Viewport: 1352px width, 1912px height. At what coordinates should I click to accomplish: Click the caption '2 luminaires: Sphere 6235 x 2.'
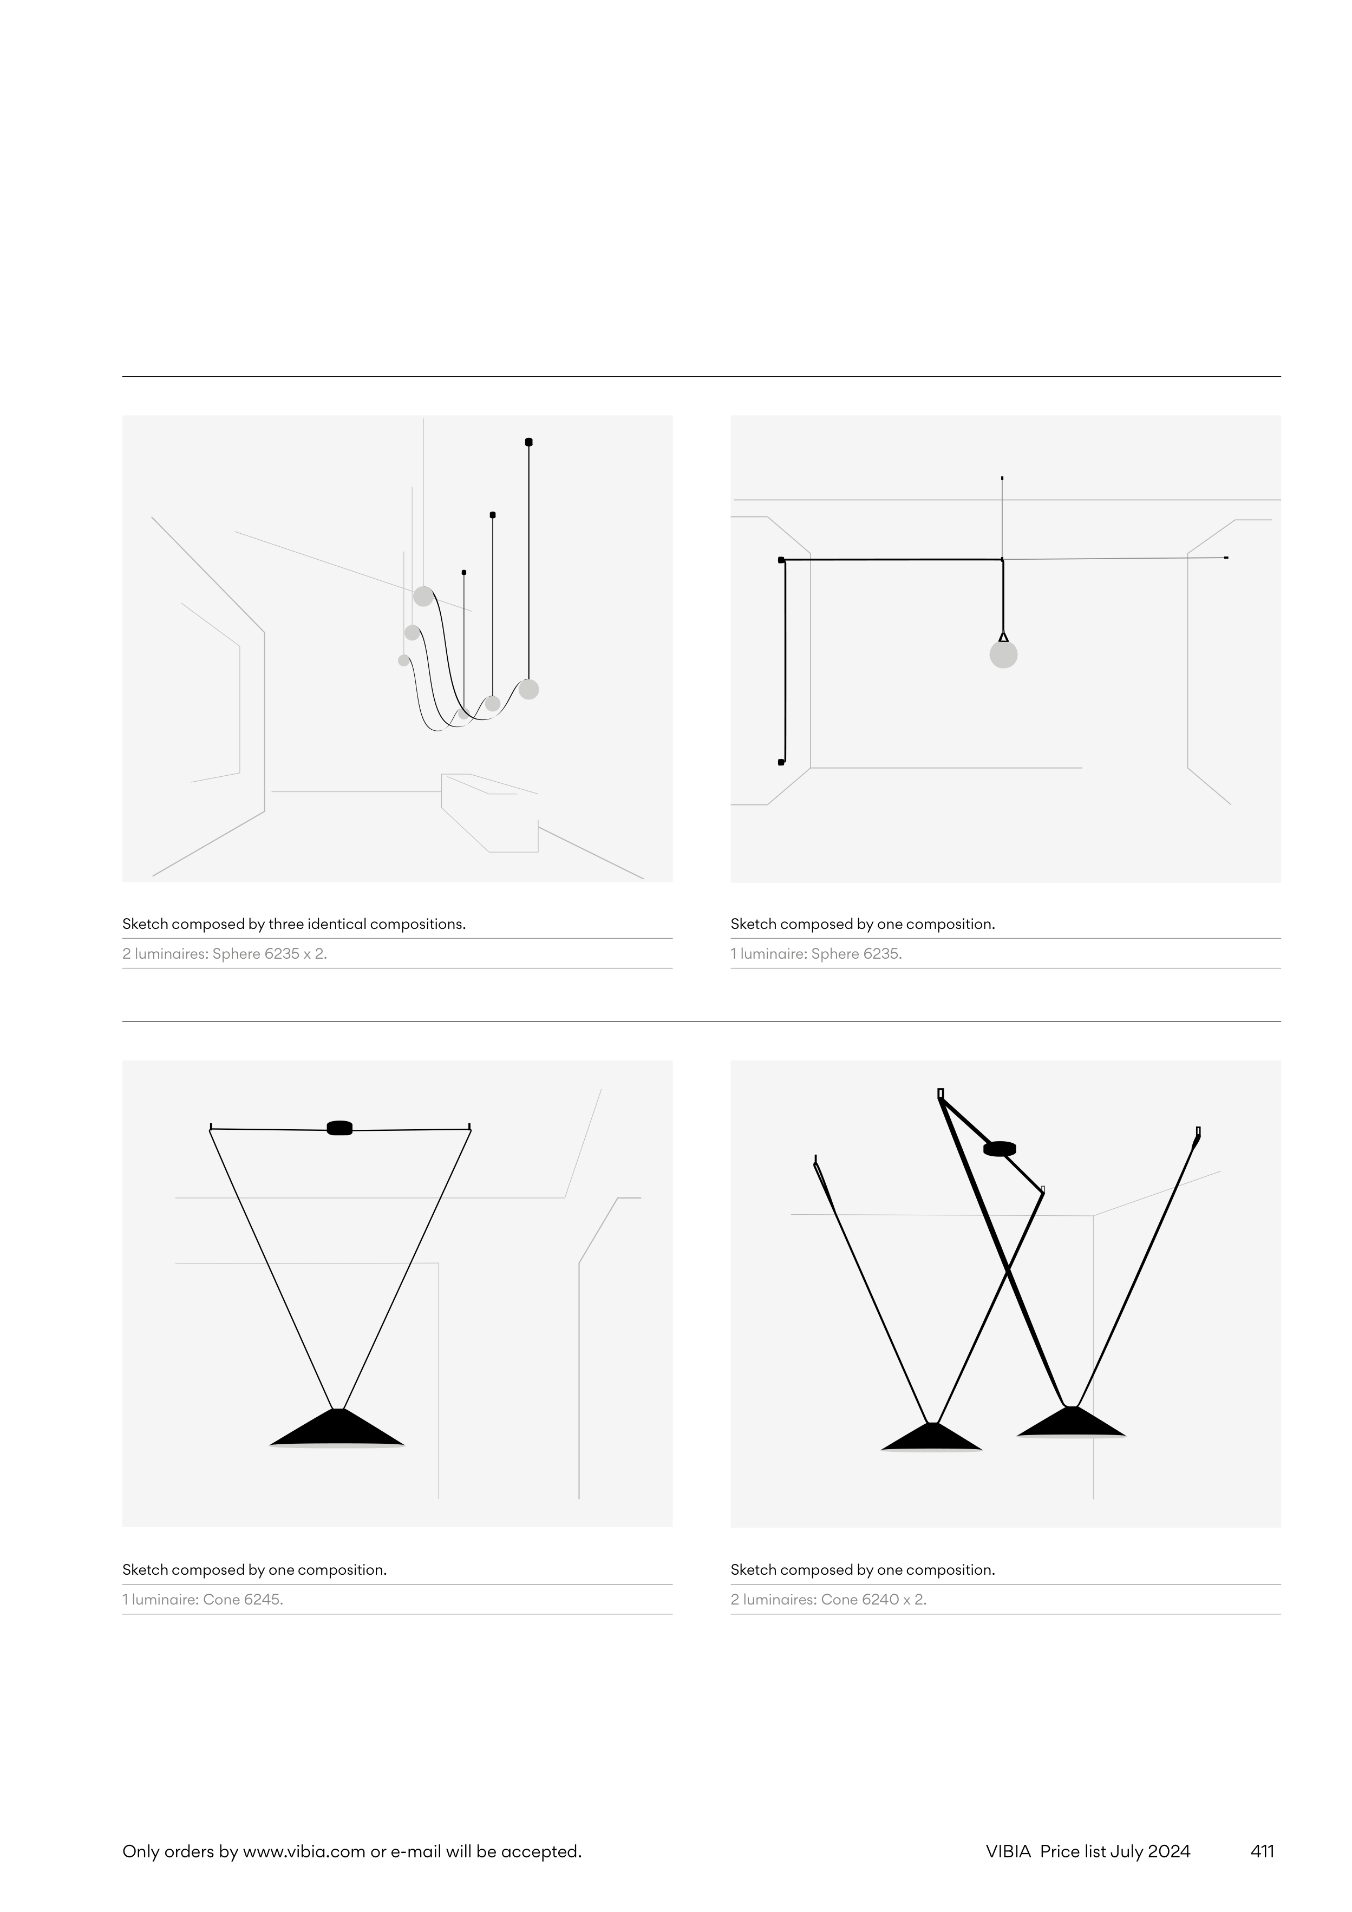click(x=225, y=953)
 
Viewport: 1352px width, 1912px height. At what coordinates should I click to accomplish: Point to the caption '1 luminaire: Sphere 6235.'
click(x=817, y=953)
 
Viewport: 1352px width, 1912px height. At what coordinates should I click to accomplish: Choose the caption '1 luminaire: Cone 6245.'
click(x=203, y=1599)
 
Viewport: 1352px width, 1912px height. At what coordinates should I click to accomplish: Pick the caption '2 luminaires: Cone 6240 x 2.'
click(x=828, y=1599)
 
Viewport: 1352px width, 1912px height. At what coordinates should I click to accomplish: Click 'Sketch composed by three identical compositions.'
click(x=294, y=924)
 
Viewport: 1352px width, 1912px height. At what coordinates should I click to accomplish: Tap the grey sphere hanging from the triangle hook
click(x=1003, y=654)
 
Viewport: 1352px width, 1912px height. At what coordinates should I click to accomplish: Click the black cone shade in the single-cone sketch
click(x=337, y=1428)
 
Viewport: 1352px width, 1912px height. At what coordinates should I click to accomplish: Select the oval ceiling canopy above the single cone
click(x=339, y=1128)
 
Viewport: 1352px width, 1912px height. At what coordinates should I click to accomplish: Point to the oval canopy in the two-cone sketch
click(x=1000, y=1148)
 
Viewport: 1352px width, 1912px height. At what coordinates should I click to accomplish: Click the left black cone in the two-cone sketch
click(x=931, y=1437)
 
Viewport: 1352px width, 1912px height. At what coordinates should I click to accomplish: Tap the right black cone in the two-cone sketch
click(x=1072, y=1422)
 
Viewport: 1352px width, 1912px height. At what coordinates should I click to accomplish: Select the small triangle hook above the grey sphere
click(x=1003, y=637)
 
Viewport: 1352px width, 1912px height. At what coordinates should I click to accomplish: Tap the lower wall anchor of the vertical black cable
click(x=781, y=762)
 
